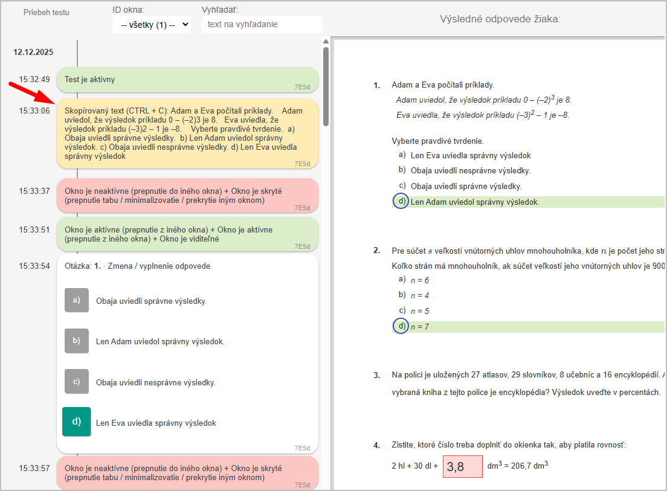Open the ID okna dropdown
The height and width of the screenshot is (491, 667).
point(152,25)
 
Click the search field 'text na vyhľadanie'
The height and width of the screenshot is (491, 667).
point(262,25)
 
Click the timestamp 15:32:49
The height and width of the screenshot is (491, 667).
point(34,79)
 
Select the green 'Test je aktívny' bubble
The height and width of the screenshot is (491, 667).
point(187,80)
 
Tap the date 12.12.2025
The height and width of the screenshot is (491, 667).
point(34,52)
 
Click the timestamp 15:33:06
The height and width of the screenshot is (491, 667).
point(34,111)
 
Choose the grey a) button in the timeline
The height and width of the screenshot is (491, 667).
point(77,300)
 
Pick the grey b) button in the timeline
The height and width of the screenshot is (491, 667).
point(77,341)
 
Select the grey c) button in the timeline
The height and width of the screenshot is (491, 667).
point(77,381)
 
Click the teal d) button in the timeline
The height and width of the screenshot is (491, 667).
point(77,422)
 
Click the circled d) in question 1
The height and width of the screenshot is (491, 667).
point(401,201)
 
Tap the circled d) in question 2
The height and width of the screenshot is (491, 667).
point(401,326)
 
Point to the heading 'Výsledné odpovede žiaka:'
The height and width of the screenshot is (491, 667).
point(500,19)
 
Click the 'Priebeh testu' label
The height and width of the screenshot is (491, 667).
point(47,12)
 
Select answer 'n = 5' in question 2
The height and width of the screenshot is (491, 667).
point(419,311)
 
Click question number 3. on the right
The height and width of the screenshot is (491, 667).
point(377,375)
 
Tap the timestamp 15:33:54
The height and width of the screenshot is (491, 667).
point(34,266)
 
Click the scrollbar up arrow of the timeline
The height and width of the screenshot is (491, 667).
point(326,42)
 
